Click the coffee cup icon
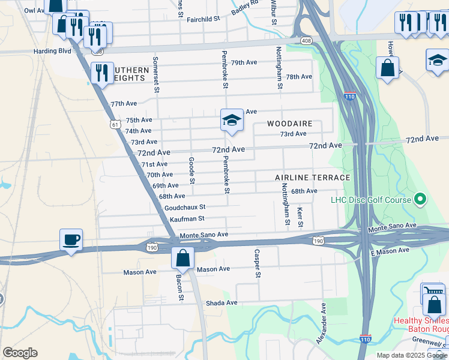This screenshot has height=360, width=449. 71,241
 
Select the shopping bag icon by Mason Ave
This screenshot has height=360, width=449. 182,259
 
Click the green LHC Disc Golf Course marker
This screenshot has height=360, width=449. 420,200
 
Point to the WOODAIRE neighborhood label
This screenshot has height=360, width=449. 290,124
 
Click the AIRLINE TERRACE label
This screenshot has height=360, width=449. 312,178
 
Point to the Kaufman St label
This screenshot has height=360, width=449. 187,219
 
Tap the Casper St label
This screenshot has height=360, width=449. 258,264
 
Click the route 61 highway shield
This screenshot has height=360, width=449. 114,124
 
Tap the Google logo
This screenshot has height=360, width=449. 20,353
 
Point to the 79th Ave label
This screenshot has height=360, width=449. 244,62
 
